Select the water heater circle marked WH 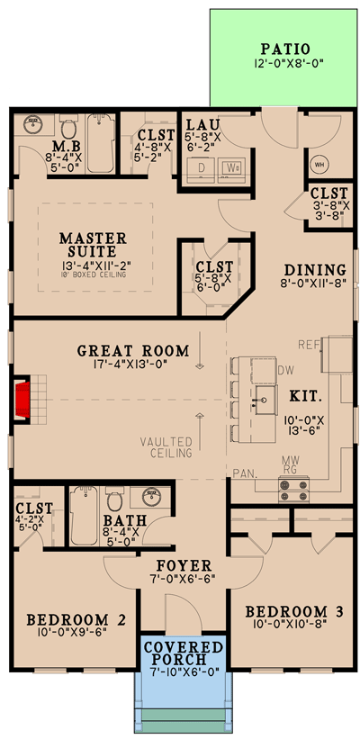coord(321,166)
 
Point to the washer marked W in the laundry coord(232,167)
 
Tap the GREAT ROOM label coord(132,350)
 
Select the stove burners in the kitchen coord(295,490)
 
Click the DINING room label coord(315,270)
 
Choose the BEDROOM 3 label coord(294,612)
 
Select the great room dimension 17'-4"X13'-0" coord(132,365)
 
